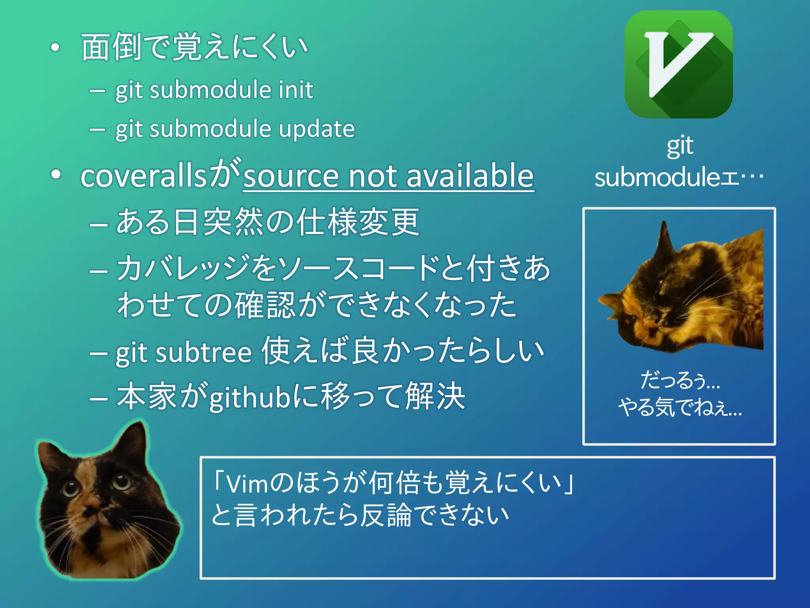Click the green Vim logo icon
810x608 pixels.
pyautogui.click(x=679, y=64)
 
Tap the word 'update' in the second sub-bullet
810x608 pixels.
pyautogui.click(x=317, y=129)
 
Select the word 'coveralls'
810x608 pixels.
pyautogui.click(x=143, y=176)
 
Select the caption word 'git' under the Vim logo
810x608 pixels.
pyautogui.click(x=680, y=146)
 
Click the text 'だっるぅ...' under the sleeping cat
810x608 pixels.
pyautogui.click(x=679, y=380)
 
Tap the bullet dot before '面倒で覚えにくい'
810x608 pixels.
pyautogui.click(x=55, y=47)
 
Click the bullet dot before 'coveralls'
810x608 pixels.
pyautogui.click(x=55, y=175)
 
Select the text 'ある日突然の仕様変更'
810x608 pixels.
pyautogui.click(x=268, y=222)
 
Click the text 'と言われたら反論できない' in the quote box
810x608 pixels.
pyautogui.click(x=360, y=515)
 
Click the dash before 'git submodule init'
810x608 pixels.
pyautogui.click(x=97, y=91)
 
